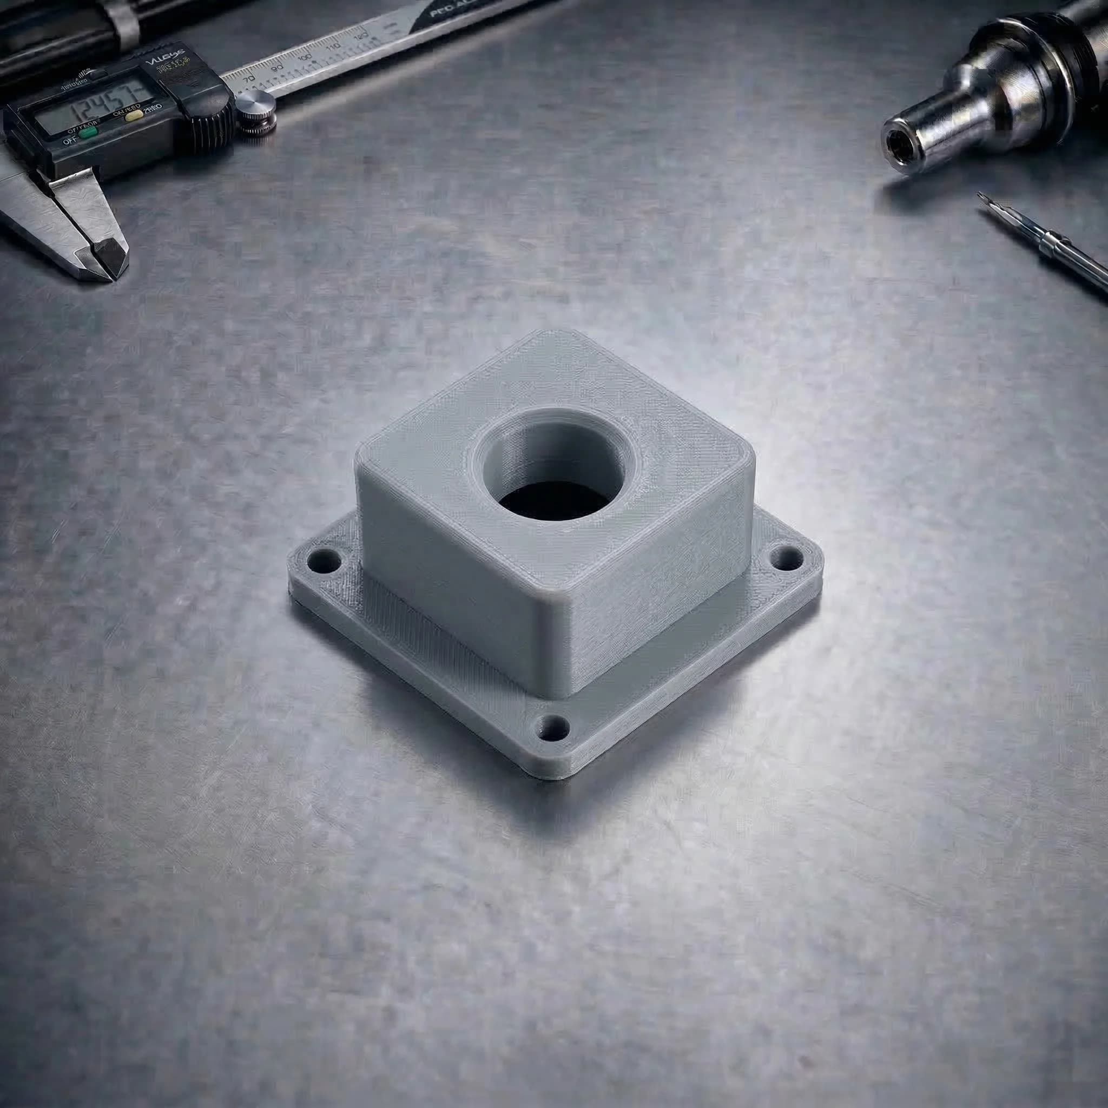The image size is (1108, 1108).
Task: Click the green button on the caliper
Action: coord(87,134)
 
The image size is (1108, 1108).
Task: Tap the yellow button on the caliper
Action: coord(136,115)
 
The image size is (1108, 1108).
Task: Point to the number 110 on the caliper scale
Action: coord(333,48)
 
